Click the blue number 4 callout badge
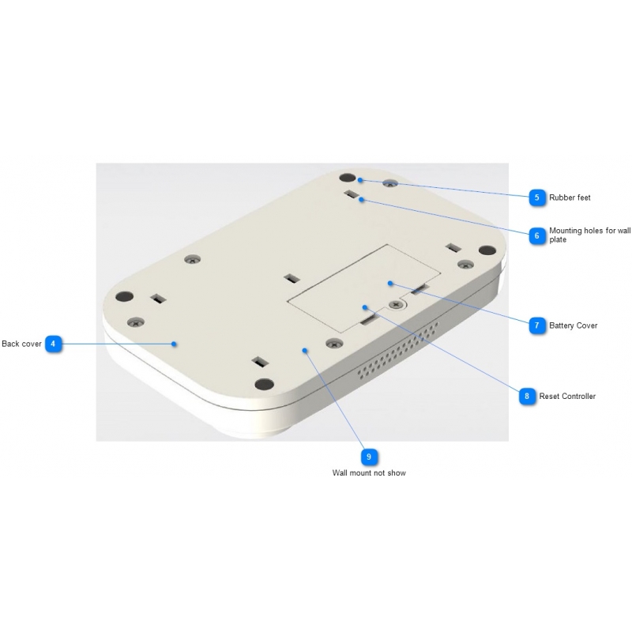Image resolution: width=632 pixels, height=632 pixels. click(53, 344)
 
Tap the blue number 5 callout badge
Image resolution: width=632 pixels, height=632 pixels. click(537, 197)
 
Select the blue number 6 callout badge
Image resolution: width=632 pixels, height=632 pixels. click(537, 235)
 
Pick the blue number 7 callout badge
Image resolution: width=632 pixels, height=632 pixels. click(537, 325)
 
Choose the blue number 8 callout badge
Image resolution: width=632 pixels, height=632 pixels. click(527, 397)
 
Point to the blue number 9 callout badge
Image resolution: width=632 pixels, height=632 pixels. click(369, 457)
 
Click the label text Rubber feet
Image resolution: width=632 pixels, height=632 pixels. click(570, 197)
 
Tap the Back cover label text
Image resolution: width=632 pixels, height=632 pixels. click(21, 344)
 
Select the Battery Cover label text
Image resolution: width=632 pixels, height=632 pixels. click(574, 325)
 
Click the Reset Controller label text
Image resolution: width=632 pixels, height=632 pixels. click(567, 397)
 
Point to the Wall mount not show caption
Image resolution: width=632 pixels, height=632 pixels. click(369, 472)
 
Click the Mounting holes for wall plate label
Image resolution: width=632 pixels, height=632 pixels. click(589, 235)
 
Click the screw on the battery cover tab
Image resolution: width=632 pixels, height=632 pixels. click(396, 305)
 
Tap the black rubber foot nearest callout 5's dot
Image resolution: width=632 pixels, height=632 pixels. click(348, 178)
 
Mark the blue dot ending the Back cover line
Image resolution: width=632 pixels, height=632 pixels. click(174, 344)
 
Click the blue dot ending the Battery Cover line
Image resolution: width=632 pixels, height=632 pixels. click(390, 284)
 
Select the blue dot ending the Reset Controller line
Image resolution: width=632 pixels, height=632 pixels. click(365, 307)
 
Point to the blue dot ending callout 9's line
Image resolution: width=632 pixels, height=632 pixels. click(305, 351)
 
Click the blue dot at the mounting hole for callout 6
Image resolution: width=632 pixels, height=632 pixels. click(362, 200)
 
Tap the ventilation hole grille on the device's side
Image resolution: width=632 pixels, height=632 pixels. click(398, 351)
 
